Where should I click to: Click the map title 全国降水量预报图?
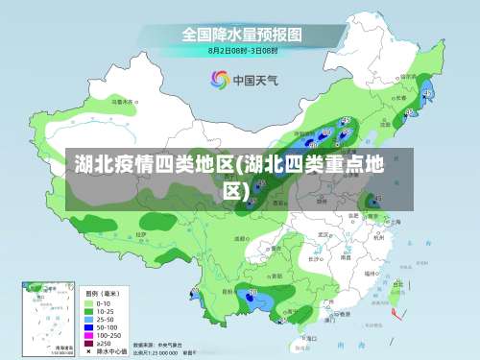[x=242, y=34]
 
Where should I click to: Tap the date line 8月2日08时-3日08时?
[x=242, y=49]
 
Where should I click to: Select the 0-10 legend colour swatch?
[x=88, y=300]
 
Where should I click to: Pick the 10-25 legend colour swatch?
[x=88, y=309]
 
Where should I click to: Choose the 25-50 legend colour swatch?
[x=88, y=318]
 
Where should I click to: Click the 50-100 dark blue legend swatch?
[x=88, y=326]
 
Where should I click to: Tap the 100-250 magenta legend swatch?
[x=88, y=334]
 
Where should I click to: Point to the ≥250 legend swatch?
[x=88, y=343]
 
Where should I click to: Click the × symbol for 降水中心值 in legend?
[x=88, y=351]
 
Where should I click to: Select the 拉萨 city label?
[x=140, y=234]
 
